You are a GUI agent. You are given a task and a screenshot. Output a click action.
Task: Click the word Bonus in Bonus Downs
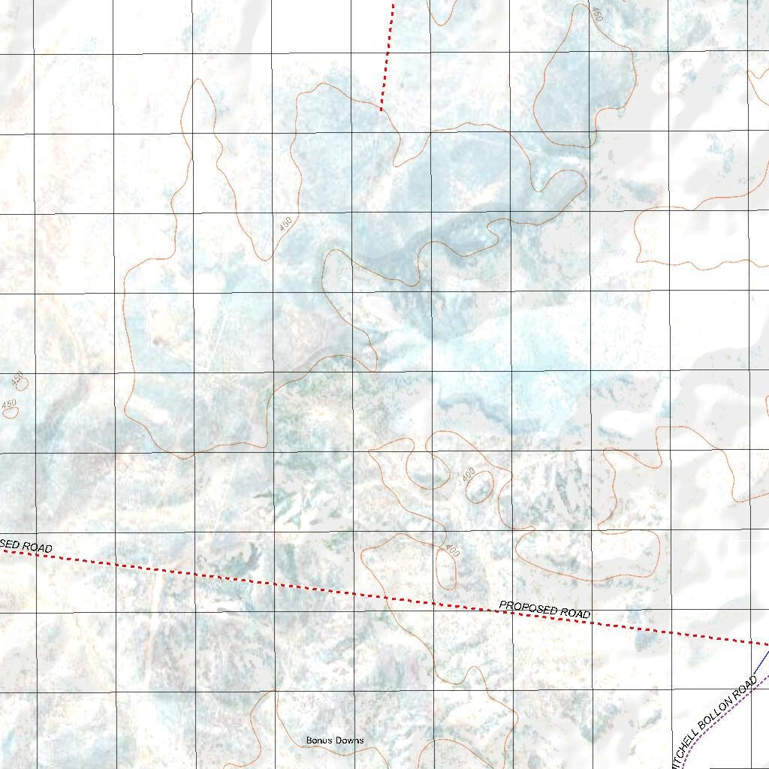pyautogui.click(x=318, y=740)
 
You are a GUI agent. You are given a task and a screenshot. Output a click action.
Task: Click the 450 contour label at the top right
pyautogui.click(x=597, y=14)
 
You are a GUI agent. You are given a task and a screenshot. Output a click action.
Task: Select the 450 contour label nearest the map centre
pyautogui.click(x=285, y=224)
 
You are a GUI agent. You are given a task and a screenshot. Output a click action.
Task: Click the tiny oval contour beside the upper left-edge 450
pyautogui.click(x=22, y=384)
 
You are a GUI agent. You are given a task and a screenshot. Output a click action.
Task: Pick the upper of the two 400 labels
pyautogui.click(x=469, y=475)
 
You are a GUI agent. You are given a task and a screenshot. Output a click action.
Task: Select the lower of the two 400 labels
pyautogui.click(x=452, y=550)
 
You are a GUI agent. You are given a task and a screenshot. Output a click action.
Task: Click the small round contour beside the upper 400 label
pyautogui.click(x=480, y=487)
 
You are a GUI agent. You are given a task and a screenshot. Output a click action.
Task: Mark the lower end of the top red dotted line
pyautogui.click(x=381, y=109)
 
